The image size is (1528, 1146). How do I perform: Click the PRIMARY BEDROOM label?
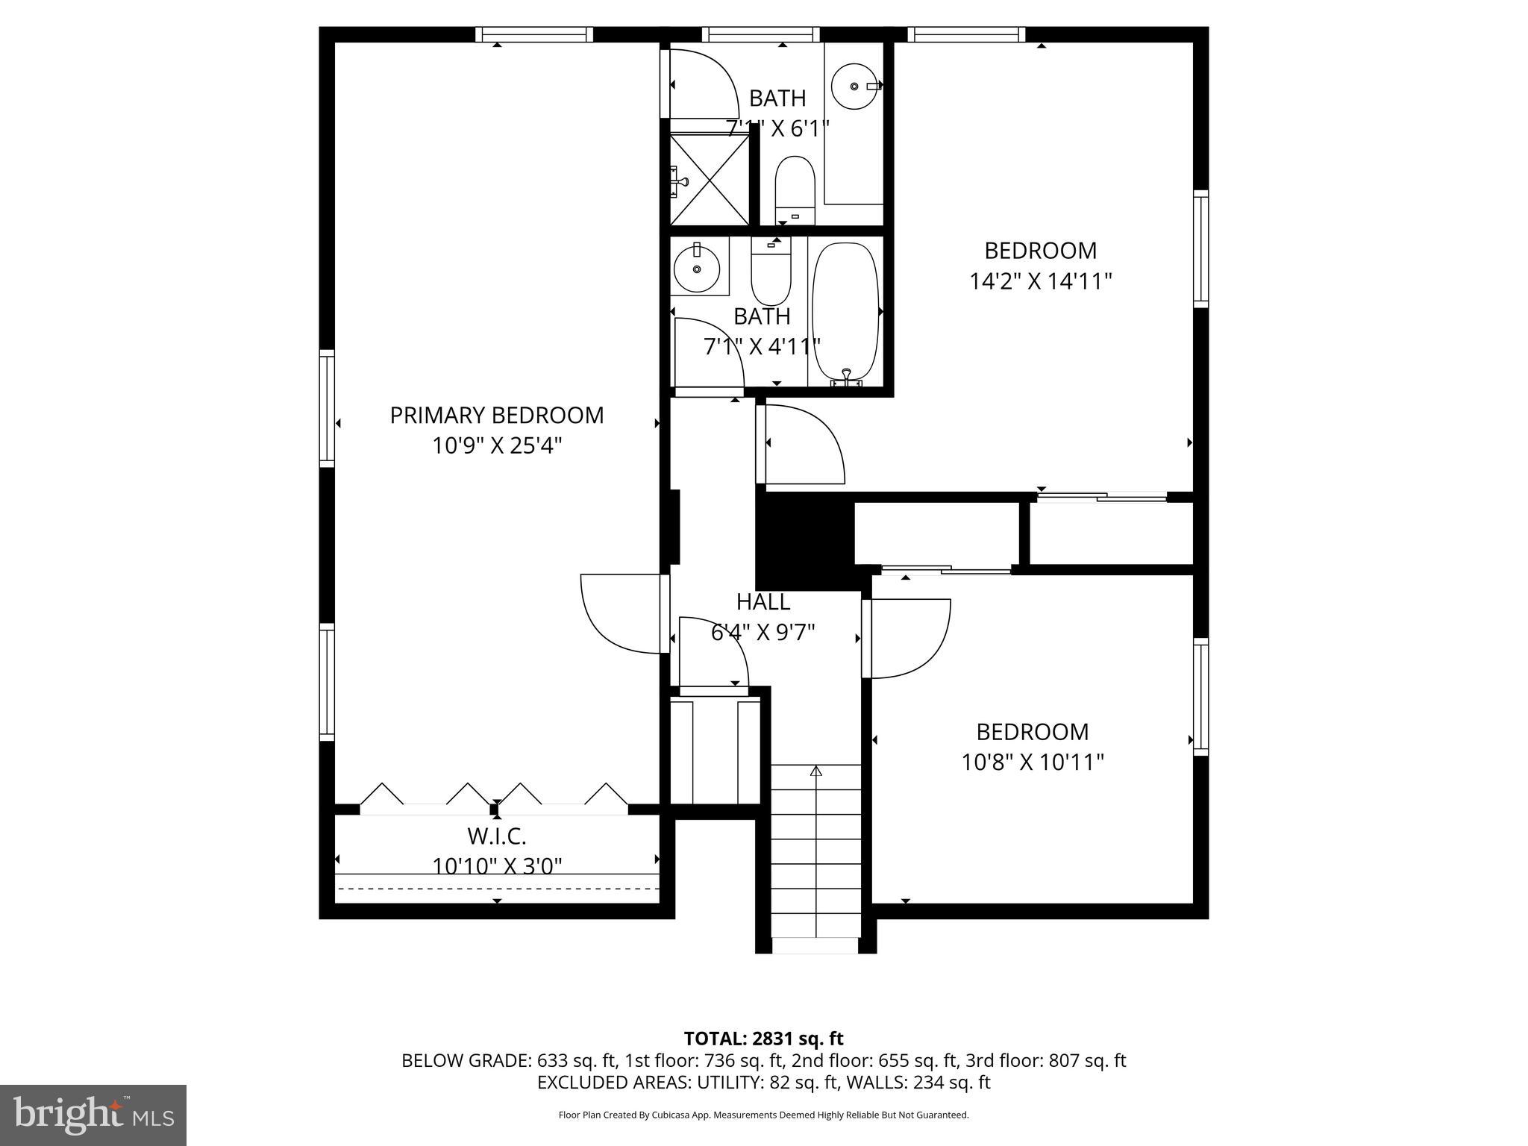pos(497,415)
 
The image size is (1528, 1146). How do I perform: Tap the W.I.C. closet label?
pos(497,835)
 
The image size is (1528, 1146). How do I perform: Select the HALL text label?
pos(763,601)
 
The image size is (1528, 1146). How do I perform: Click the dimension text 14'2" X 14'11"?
pos(1041,281)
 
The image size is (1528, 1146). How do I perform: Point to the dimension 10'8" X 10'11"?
pos(1033,763)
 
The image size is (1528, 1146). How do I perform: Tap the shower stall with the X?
pos(709,179)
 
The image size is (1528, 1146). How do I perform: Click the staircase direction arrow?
pos(815,771)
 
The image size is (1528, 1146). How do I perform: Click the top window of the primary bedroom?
pos(534,34)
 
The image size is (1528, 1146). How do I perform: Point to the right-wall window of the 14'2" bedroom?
pos(1200,248)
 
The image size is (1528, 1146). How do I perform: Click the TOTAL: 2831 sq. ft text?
pos(763,1039)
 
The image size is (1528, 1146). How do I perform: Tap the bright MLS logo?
pos(93,1115)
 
